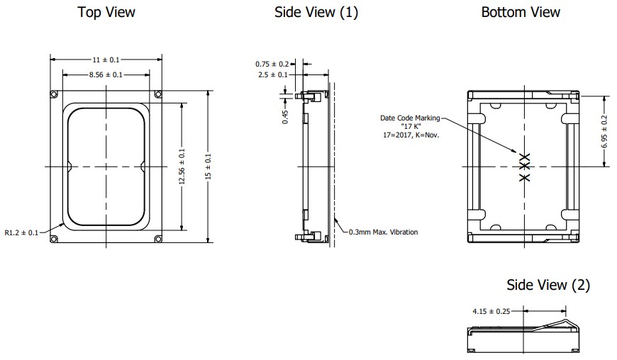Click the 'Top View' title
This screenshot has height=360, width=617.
106,12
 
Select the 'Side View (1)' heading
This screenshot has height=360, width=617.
316,12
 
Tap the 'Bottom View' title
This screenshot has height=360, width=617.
521,12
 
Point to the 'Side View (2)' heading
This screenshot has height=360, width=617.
547,285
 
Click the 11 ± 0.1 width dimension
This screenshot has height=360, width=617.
106,60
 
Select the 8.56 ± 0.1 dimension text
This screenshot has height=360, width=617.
106,74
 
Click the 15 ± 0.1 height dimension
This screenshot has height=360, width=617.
208,167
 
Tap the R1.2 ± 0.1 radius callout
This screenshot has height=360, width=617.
22,231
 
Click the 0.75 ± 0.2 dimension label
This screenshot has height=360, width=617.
272,64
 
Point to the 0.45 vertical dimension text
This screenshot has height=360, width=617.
285,116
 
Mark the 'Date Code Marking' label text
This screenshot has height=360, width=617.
410,118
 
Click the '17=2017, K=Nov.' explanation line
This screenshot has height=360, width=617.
410,134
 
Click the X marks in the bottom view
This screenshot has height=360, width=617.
524,167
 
